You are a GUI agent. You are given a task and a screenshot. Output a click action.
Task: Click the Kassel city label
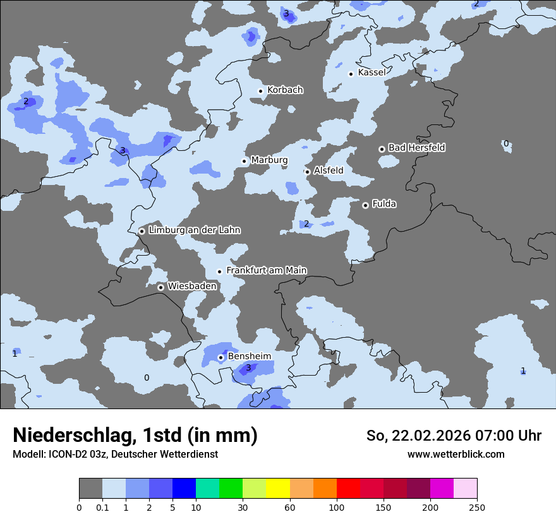[x=372, y=73]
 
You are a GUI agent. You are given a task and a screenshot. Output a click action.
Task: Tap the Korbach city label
[x=285, y=90]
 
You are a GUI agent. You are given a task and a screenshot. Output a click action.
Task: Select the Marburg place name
[x=269, y=160]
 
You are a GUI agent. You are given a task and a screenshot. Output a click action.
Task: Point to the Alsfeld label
[x=329, y=170]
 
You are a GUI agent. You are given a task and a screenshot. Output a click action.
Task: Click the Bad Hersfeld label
[x=416, y=148]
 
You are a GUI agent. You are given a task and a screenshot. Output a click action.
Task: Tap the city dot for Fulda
[x=365, y=205]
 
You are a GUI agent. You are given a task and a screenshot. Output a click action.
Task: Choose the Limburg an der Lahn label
[x=195, y=230]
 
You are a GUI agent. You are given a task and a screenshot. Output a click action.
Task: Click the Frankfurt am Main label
[x=267, y=271]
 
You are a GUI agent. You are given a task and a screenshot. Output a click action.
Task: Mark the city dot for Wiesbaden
[x=161, y=287]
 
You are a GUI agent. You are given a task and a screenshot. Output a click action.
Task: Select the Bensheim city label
[x=250, y=357]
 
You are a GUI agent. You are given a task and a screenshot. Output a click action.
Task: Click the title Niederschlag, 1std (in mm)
[x=135, y=436]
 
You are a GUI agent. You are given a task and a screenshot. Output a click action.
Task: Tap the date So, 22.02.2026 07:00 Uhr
[x=454, y=436]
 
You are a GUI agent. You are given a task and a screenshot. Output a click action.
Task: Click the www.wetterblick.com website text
[x=456, y=454]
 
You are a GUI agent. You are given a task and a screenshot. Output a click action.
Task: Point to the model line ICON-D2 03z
[x=115, y=454]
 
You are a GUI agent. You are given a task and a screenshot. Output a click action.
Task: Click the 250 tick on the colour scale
[x=477, y=507]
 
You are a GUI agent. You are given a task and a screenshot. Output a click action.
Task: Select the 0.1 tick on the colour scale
[x=102, y=507]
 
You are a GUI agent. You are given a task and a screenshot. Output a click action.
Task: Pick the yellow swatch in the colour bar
[x=278, y=489]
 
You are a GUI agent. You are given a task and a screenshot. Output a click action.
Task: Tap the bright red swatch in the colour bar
[x=348, y=489]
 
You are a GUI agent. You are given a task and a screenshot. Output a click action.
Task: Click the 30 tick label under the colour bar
[x=243, y=507]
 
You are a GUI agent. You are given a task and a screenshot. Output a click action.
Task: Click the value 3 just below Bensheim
[x=248, y=368]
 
